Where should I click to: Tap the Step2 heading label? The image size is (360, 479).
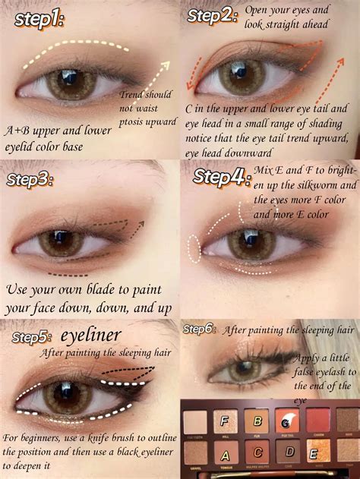tap(213, 14)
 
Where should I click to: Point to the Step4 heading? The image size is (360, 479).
tap(221, 176)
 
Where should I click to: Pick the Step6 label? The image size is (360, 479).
tap(199, 329)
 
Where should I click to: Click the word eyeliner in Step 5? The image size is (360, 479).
tap(90, 336)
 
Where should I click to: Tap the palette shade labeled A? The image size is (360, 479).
tap(225, 455)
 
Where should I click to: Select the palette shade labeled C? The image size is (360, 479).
tap(258, 455)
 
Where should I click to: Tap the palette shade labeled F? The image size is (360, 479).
tap(225, 420)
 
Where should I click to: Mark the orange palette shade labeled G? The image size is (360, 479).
tap(287, 421)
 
